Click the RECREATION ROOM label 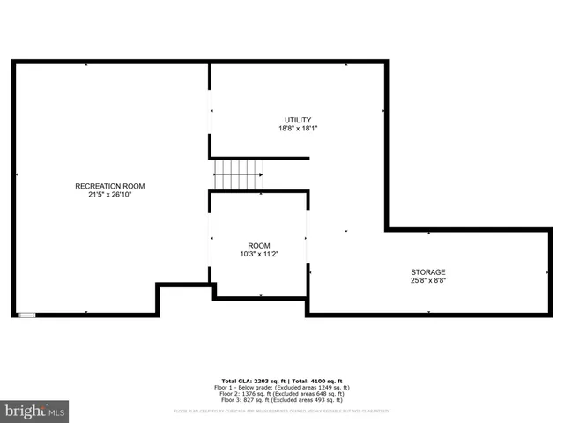pos(109,186)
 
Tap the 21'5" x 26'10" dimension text pos(109,195)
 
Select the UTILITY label pos(297,120)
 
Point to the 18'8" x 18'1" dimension pos(297,129)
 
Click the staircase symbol pos(238,174)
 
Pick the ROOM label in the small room pos(259,245)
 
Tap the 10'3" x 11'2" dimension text pos(259,254)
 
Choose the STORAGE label pos(428,271)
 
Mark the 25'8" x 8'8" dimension pos(428,281)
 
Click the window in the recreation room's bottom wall pos(27,314)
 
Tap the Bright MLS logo pos(34,412)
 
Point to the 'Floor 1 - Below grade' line pos(281,387)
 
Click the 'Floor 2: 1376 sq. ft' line pos(281,394)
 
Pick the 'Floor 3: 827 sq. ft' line pos(281,401)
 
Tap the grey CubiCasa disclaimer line pos(281,411)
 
